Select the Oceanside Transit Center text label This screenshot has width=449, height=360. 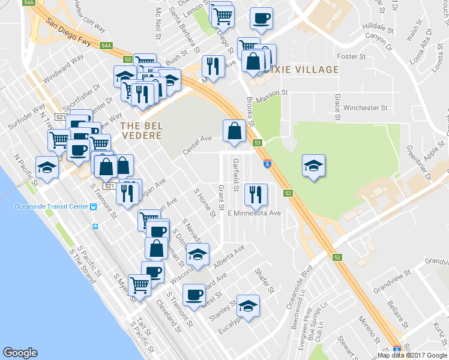tap(50, 207)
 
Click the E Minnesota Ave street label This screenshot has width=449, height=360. tap(254, 213)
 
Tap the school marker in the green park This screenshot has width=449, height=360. tap(313, 165)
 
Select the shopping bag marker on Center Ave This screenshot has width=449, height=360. tap(234, 130)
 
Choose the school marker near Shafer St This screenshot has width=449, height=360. tap(248, 305)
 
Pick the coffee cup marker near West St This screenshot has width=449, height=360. tap(194, 294)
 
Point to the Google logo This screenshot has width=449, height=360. tap(20, 353)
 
